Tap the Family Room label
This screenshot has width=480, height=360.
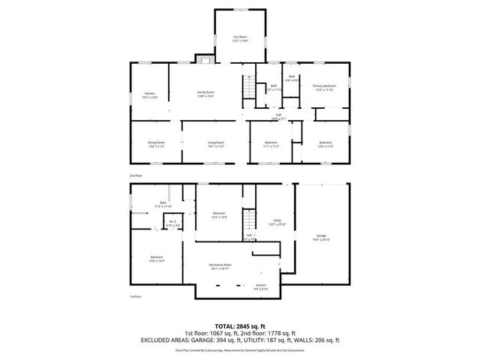[x=205, y=93]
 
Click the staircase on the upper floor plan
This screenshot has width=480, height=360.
[x=247, y=88]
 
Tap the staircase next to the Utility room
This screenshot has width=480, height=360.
[x=247, y=221]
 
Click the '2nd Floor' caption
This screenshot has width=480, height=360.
[x=136, y=175]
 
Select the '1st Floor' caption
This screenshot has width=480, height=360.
[x=136, y=297]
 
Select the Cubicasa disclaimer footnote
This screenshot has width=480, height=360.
[x=240, y=349]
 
